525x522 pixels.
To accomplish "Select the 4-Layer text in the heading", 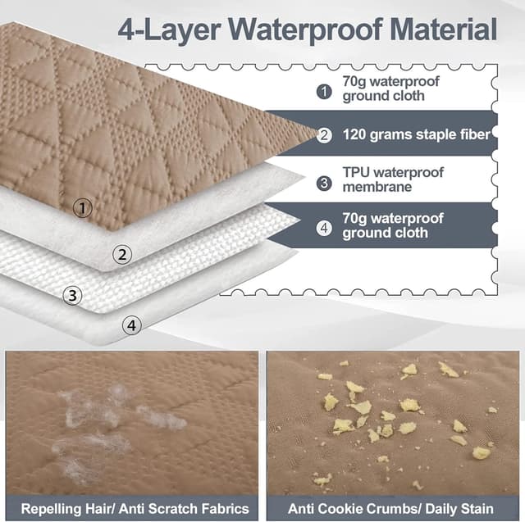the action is tap(169, 31).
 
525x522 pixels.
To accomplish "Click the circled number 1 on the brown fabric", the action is tap(82, 208).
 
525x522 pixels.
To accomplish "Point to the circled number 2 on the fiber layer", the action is tap(122, 255).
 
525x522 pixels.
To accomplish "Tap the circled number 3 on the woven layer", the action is tap(72, 296).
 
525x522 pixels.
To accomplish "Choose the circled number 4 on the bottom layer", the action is tap(131, 325).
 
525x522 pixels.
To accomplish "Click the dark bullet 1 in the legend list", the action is tap(324, 91).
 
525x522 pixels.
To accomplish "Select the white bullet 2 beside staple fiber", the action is tap(324, 135).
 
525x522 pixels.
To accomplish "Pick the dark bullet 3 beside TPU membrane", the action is tap(324, 183).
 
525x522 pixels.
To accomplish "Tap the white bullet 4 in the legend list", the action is tap(324, 228).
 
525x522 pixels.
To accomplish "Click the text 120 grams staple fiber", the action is tap(416, 134).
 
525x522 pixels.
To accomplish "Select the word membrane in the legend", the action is tap(377, 187).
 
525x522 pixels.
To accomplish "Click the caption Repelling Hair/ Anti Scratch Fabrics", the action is tap(135, 509).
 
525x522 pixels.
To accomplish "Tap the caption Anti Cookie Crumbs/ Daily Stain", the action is tap(390, 509).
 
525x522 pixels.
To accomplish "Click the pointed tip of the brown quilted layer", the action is tap(317, 134).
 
